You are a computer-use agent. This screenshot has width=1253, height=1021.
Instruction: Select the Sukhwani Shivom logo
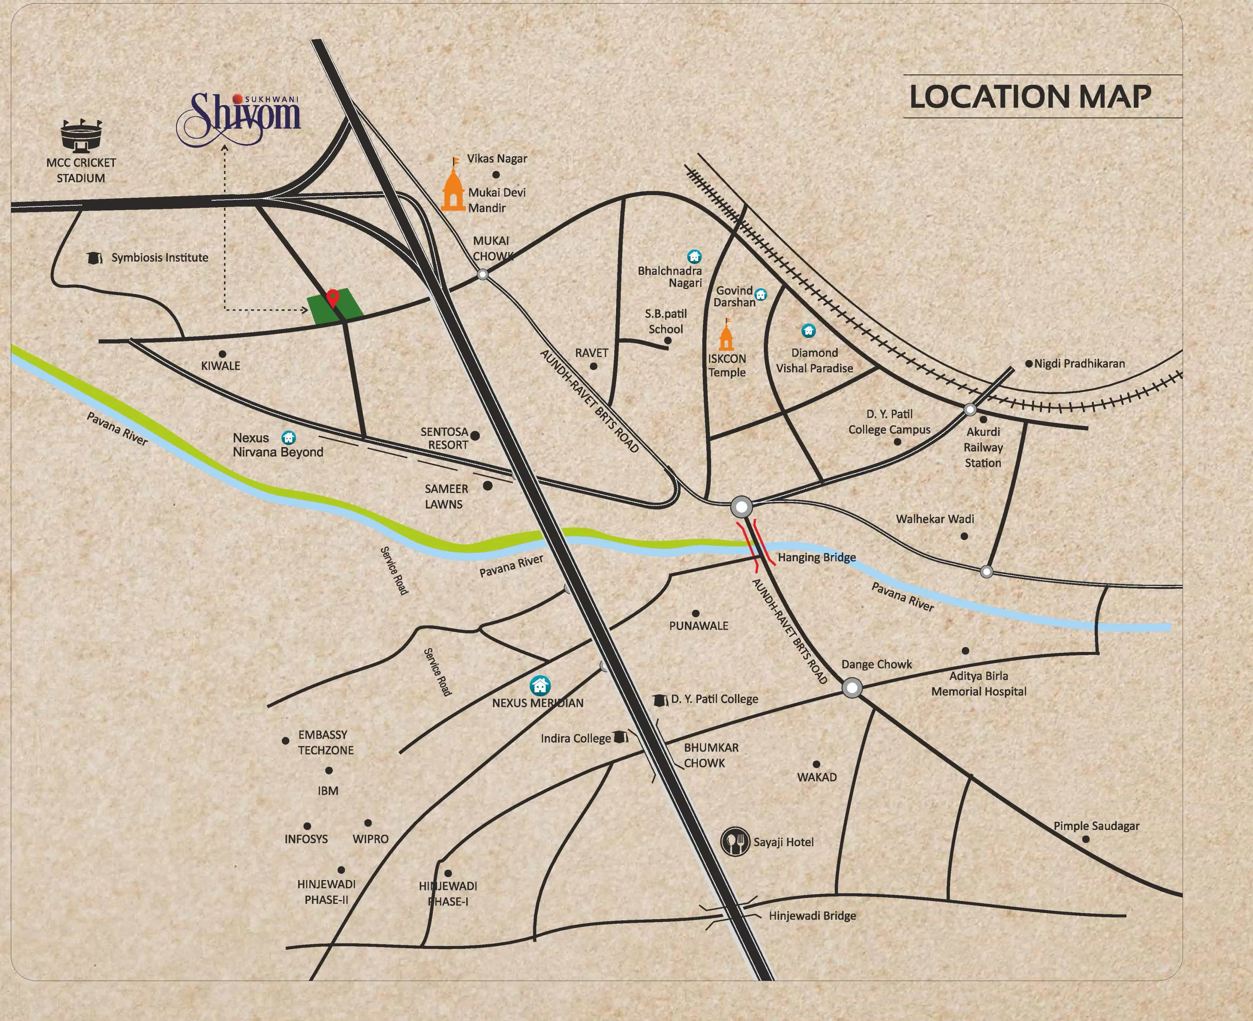click(239, 117)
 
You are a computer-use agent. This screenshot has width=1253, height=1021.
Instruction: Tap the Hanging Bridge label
click(817, 557)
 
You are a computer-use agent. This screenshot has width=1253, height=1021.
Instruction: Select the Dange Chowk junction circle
click(852, 688)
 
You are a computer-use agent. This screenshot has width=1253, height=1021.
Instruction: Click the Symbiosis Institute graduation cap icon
click(93, 257)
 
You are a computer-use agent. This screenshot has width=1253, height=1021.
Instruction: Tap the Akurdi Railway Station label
click(982, 447)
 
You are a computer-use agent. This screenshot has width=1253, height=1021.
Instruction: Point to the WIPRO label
click(370, 839)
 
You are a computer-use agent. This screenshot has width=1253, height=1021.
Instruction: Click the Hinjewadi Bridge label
click(812, 915)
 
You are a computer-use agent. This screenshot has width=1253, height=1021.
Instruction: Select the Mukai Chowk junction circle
click(483, 274)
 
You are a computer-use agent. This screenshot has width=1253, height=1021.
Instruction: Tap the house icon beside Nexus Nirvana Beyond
click(288, 437)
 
